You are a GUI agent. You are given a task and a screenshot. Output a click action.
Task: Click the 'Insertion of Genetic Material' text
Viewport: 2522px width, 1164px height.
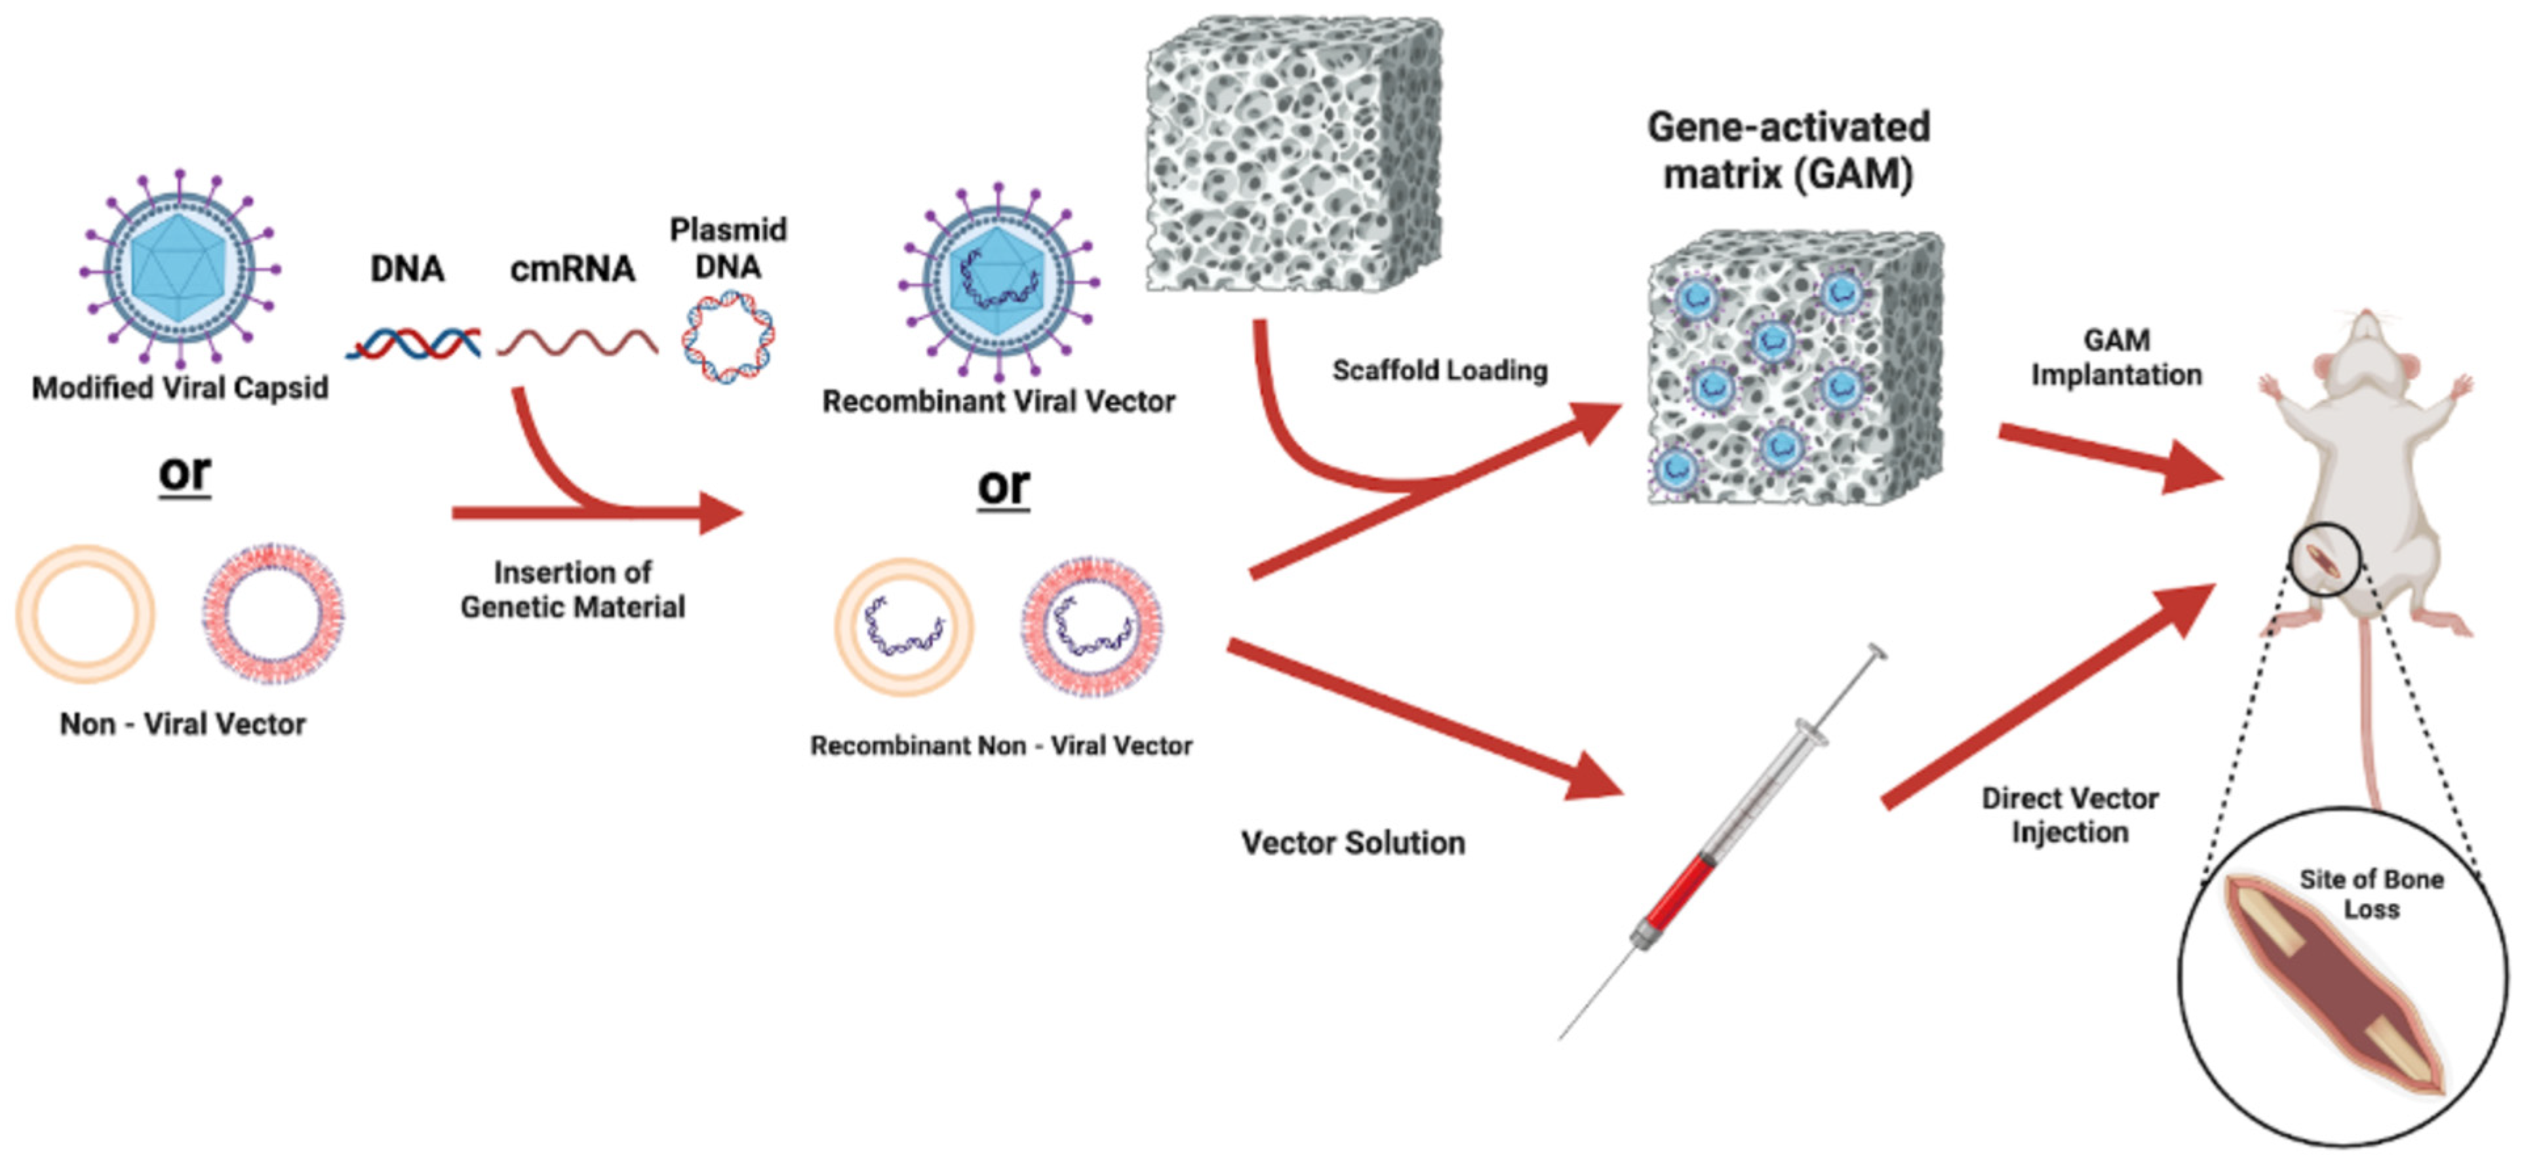(573, 589)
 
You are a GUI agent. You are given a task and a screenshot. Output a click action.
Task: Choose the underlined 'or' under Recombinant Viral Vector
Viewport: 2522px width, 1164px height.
(1004, 486)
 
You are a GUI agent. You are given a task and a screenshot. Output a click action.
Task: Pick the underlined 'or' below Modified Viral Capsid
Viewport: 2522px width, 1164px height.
(184, 473)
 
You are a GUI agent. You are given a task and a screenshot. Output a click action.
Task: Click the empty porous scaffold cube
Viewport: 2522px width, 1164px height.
(1292, 154)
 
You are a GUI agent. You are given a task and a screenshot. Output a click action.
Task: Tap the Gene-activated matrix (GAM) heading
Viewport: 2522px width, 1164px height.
(1788, 151)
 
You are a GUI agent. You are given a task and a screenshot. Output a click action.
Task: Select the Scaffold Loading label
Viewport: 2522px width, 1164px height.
(1439, 370)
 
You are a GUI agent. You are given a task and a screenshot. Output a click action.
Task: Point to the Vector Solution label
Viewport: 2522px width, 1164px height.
(1353, 843)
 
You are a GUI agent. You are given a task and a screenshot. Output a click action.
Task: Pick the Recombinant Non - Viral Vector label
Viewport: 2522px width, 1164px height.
(1000, 746)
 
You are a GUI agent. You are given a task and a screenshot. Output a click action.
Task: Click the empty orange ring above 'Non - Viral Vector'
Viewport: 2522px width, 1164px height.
(85, 614)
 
